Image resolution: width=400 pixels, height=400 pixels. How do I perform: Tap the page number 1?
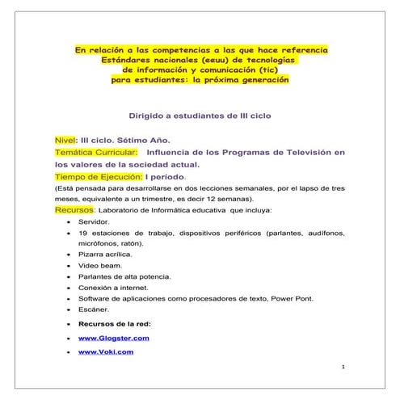343,368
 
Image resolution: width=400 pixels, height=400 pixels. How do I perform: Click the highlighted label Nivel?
65,138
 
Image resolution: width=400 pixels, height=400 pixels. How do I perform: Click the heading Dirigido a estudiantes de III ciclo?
200,116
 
